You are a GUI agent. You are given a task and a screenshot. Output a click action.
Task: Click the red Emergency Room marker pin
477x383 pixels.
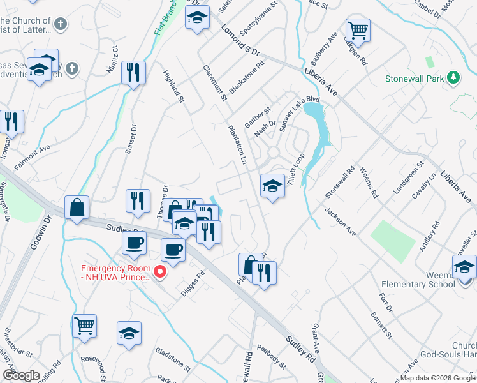(160, 273)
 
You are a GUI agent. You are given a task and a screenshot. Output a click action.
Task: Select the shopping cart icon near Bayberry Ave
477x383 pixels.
(358, 30)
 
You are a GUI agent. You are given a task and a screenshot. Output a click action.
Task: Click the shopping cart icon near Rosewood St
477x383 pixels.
(84, 326)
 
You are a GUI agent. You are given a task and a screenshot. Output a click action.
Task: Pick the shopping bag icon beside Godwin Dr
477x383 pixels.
(77, 207)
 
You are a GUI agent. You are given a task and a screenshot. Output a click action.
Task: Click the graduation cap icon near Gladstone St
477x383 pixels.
(129, 333)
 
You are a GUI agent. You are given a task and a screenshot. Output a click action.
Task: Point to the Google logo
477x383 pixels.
(21, 375)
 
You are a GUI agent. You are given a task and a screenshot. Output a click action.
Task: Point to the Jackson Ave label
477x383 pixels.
(340, 219)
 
